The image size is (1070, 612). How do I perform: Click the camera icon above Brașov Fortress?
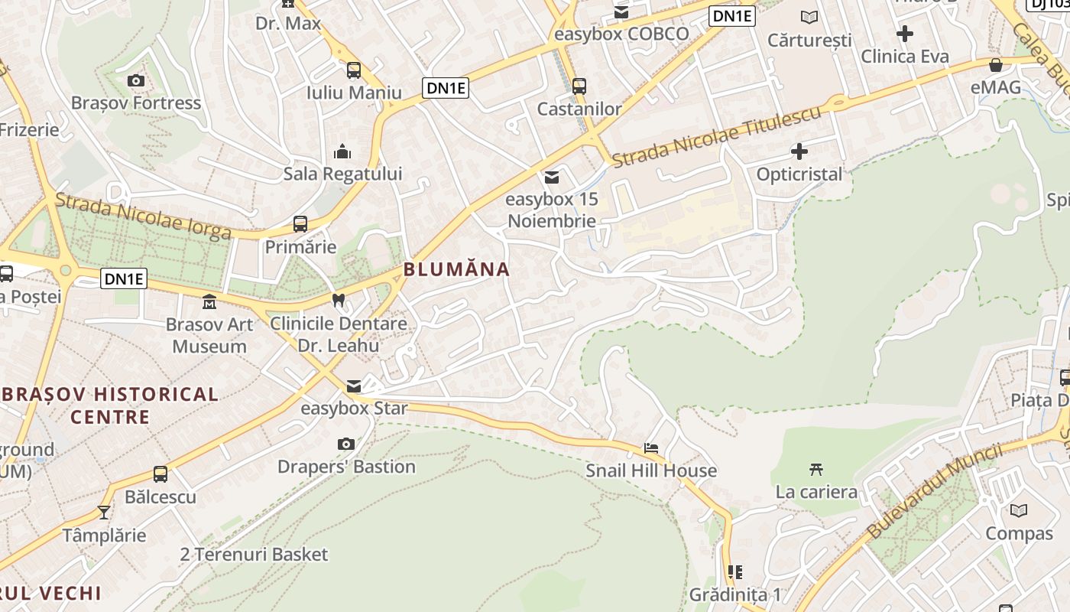(x=135, y=80)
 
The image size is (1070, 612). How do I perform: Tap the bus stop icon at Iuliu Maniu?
(x=353, y=70)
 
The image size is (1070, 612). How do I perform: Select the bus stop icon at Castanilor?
(x=579, y=86)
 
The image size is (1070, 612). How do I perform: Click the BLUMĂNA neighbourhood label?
(x=456, y=269)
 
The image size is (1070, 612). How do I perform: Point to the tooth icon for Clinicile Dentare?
(x=339, y=301)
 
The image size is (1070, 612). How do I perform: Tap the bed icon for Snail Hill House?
(x=650, y=448)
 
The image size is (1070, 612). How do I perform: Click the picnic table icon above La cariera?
(x=815, y=469)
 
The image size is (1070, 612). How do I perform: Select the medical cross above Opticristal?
(x=799, y=151)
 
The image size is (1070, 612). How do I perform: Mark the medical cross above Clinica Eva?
(x=905, y=34)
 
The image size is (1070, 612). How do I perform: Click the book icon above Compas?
(x=1018, y=510)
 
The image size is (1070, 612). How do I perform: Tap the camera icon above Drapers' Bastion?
(x=345, y=444)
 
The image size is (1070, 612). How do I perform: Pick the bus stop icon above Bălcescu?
(x=160, y=474)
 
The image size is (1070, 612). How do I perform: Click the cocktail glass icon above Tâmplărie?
(x=104, y=512)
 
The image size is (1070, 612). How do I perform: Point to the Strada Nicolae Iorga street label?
(x=143, y=216)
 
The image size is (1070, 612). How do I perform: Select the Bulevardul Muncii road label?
(x=934, y=490)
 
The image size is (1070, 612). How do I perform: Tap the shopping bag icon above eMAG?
(x=995, y=65)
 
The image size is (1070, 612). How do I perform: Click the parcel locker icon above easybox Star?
(x=353, y=386)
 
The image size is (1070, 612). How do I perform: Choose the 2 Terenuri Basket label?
(x=254, y=555)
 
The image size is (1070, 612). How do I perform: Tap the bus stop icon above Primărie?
(x=300, y=224)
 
